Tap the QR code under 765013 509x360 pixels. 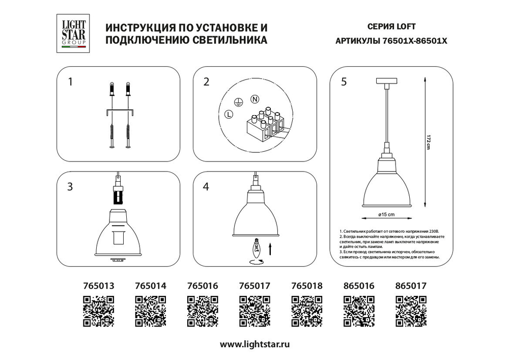pyautogui.click(x=98, y=312)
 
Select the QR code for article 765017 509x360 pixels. pyautogui.click(x=254, y=312)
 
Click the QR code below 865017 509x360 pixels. pyautogui.click(x=411, y=312)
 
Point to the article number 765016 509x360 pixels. pyautogui.click(x=203, y=287)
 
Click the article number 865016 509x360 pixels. pyautogui.click(x=359, y=287)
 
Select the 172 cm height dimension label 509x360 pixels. pyautogui.click(x=429, y=143)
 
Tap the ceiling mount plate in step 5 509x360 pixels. pyautogui.click(x=388, y=80)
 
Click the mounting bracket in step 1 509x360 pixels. pyautogui.click(x=119, y=113)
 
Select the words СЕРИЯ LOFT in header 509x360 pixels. pyautogui.click(x=384, y=27)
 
